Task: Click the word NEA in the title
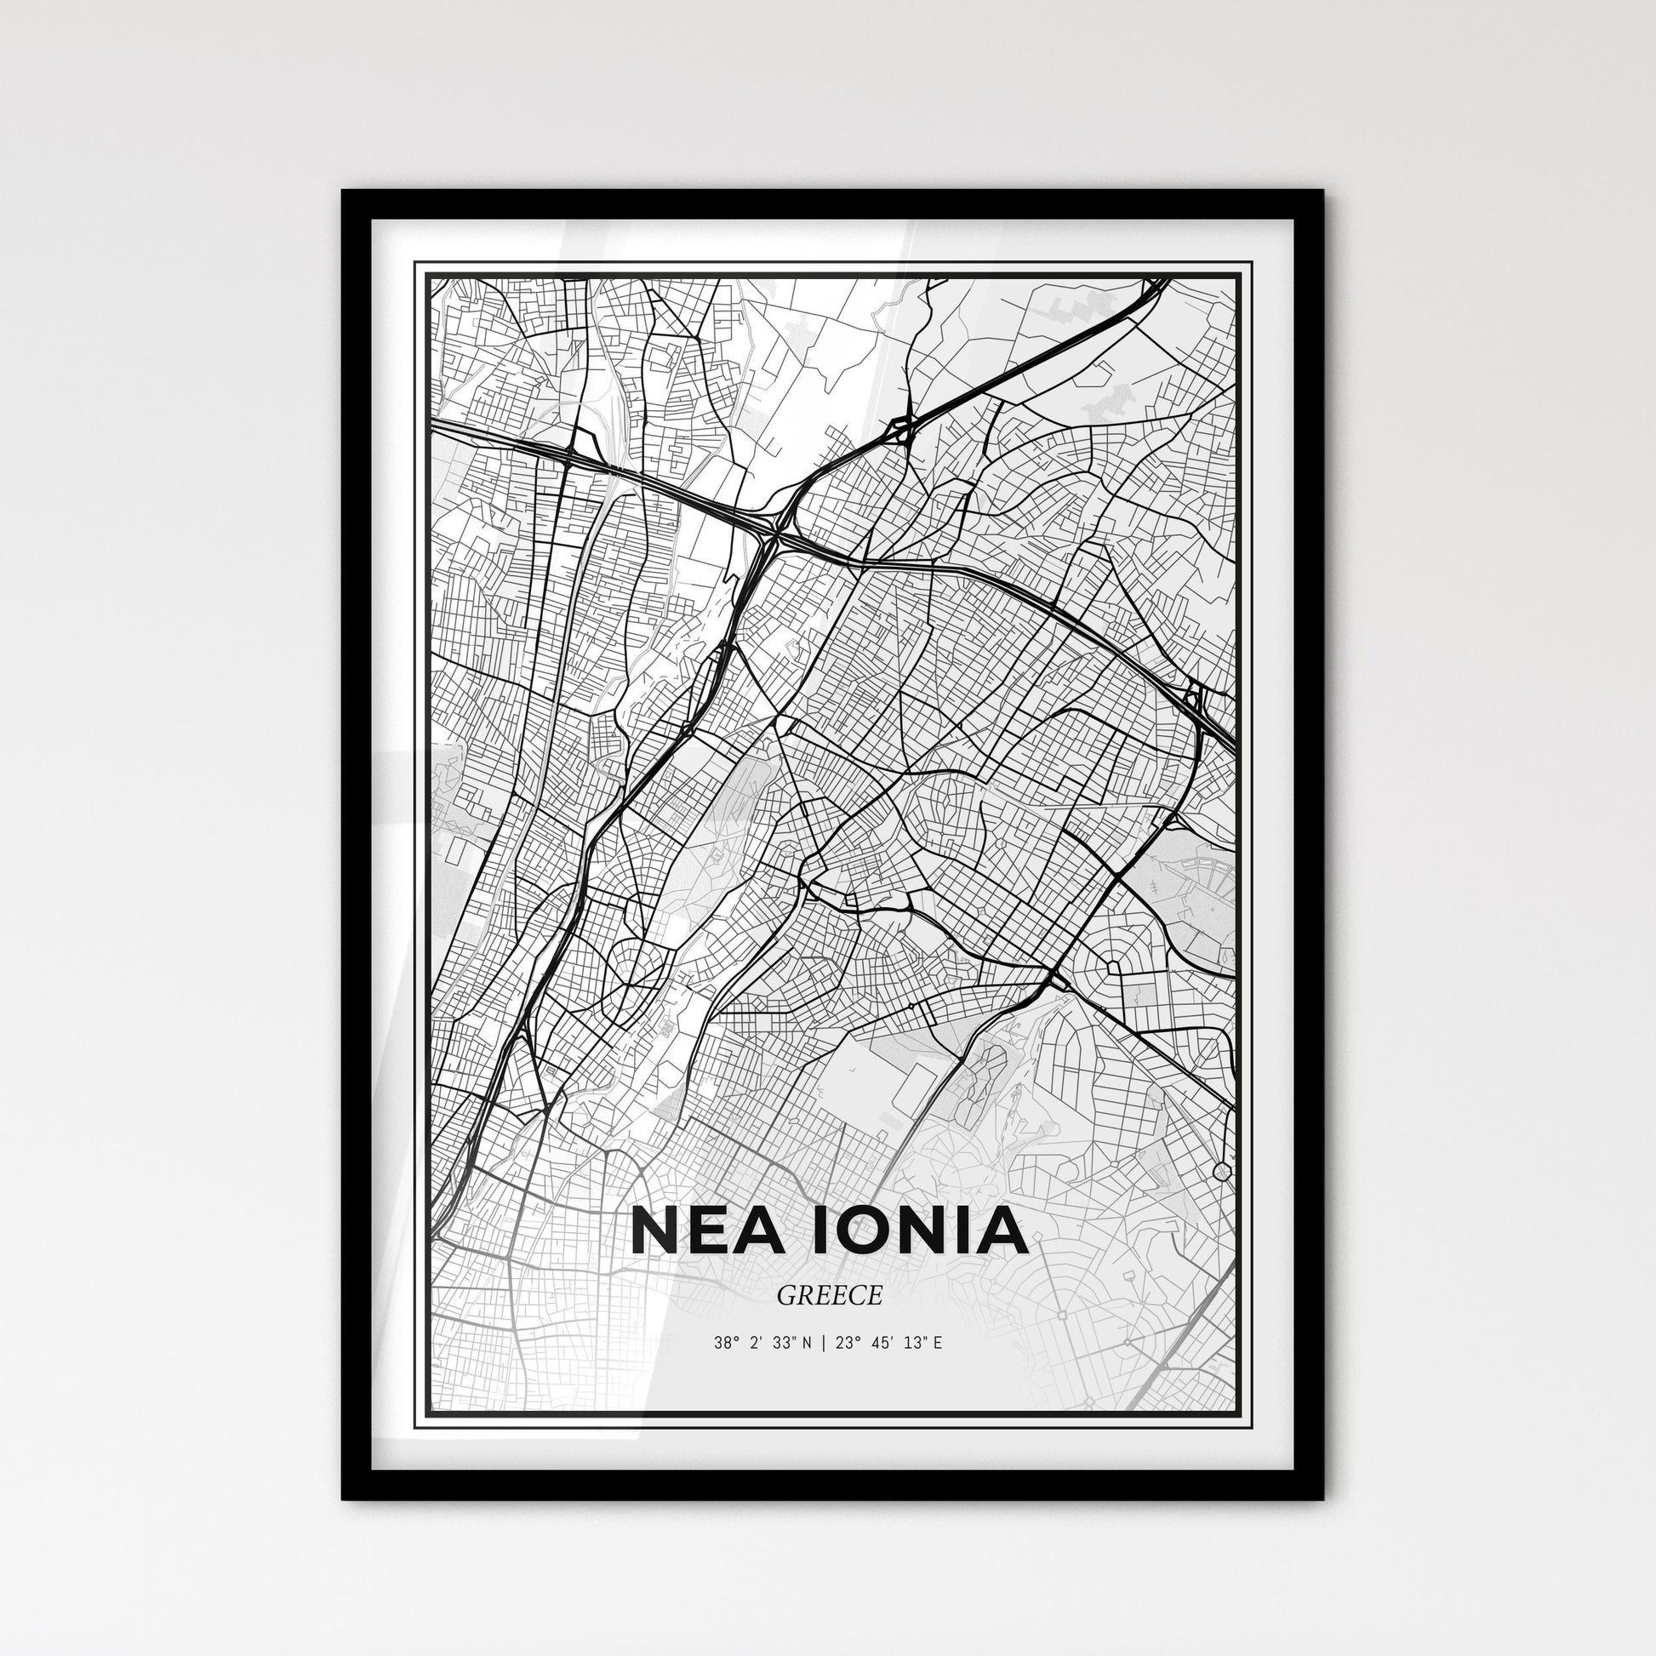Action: click(x=704, y=1231)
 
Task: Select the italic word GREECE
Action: click(x=829, y=1296)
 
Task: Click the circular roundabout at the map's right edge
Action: click(x=1223, y=1171)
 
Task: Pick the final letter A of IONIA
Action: click(x=1002, y=1231)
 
